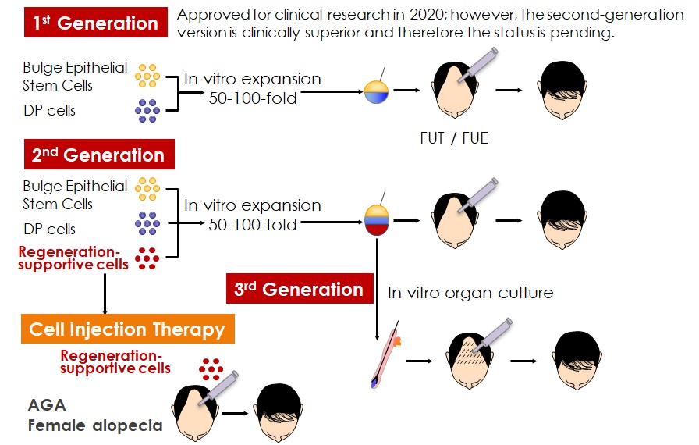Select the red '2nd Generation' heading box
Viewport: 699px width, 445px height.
click(98, 154)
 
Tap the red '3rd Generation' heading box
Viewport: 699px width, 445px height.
click(299, 289)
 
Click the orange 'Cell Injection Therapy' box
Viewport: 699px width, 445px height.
click(127, 329)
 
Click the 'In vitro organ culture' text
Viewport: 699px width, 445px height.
click(470, 293)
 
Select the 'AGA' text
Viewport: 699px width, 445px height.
click(46, 404)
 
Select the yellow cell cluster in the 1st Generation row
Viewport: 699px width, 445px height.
click(147, 76)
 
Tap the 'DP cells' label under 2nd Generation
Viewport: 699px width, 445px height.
click(49, 229)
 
